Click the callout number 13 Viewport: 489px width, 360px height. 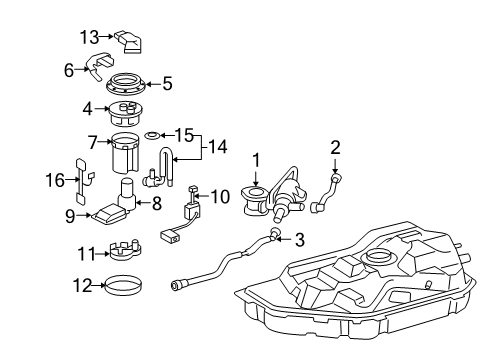click(x=88, y=37)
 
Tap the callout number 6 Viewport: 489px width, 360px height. click(x=70, y=70)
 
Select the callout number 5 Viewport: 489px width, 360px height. click(x=167, y=84)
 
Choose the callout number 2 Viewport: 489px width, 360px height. click(x=337, y=149)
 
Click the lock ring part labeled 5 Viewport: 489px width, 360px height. click(x=128, y=85)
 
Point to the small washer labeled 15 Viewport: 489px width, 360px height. click(x=153, y=133)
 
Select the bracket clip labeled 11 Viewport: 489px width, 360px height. click(x=125, y=248)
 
